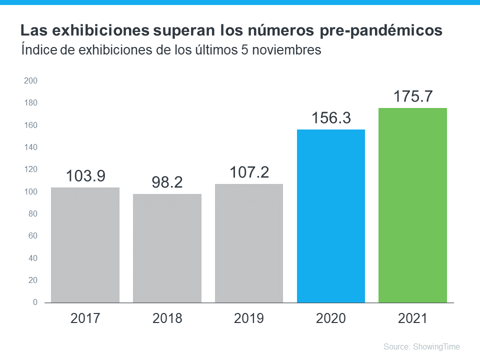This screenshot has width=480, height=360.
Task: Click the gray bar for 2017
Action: [x=85, y=245]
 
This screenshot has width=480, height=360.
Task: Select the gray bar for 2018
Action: [x=167, y=248]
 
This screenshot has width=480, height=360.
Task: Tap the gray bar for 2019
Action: [x=249, y=243]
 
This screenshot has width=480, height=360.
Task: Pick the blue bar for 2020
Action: [x=331, y=216]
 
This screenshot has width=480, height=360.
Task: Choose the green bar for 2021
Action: [x=412, y=205]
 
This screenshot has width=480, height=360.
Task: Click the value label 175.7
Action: [x=412, y=96]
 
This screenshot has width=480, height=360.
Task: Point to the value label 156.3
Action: [x=331, y=118]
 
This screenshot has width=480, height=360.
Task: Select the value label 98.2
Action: [x=167, y=182]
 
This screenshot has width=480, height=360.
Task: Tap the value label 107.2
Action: [x=249, y=172]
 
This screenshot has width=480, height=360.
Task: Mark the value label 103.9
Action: [x=85, y=176]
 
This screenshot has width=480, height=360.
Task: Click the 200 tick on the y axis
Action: [x=31, y=80]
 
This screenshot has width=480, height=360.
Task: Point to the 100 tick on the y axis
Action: [x=31, y=191]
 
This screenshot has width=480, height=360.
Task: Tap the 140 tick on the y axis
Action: [x=31, y=147]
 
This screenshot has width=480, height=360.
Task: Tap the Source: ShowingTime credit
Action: [x=421, y=346]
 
